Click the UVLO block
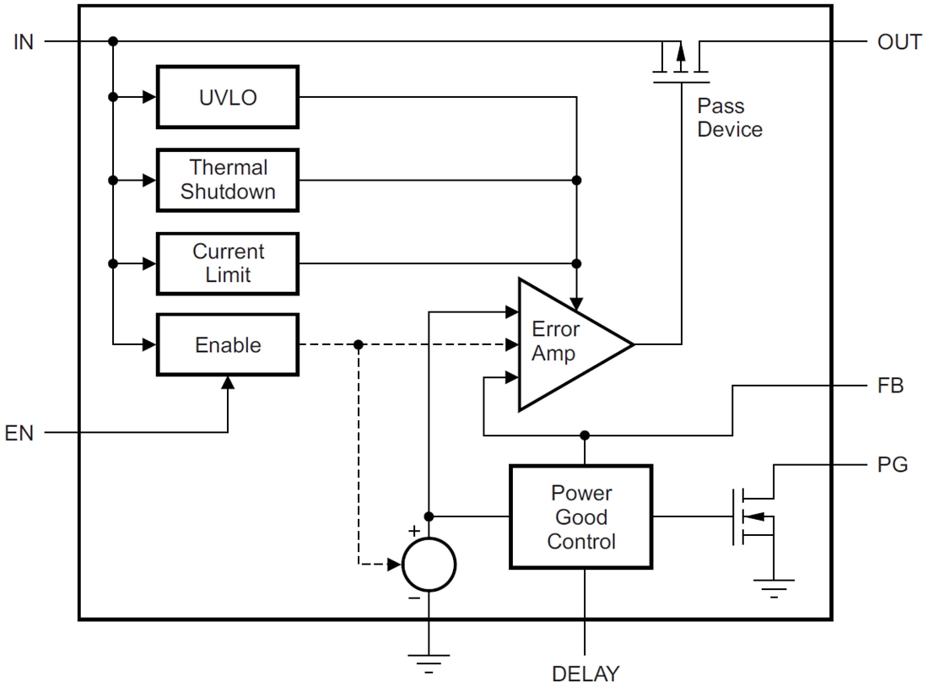point(227,97)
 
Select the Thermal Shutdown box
point(227,180)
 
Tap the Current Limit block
point(227,263)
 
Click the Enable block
point(227,345)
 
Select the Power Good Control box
point(580,517)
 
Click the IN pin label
point(24,41)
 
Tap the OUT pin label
point(899,42)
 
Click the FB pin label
point(890,386)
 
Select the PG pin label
point(892,464)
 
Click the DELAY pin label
point(585,674)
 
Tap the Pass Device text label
point(729,118)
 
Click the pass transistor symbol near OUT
point(681,61)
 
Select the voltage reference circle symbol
point(429,564)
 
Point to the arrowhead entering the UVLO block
point(150,97)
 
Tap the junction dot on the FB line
point(584,435)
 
